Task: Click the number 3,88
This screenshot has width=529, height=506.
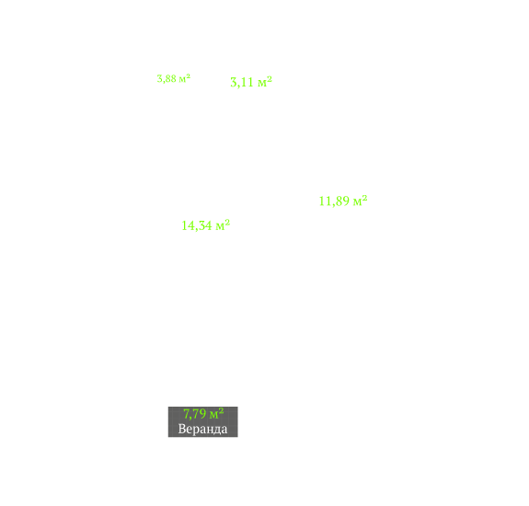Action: point(167,79)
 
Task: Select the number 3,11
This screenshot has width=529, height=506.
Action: point(242,82)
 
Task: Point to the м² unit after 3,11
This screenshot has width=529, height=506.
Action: point(265,82)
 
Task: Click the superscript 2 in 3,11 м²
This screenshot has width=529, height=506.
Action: point(270,79)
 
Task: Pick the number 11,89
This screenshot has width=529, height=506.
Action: point(334,201)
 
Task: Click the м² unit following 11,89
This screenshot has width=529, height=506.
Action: point(360,201)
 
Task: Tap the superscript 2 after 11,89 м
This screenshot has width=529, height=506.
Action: point(364,198)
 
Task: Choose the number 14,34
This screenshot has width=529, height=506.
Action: point(197,226)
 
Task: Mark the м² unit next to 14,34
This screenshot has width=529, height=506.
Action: point(223,225)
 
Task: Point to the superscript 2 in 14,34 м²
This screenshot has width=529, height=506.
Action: point(227,223)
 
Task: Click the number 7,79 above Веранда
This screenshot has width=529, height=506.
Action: point(194,414)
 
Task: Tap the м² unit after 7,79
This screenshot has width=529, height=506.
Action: point(216,413)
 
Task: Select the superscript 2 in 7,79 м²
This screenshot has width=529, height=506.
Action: point(221,410)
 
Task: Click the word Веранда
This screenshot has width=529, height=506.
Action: point(202,429)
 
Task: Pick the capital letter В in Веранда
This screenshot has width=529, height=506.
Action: point(182,429)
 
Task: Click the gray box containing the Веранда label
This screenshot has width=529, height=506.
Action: point(203,422)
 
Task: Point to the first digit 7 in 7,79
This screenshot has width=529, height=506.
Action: point(186,414)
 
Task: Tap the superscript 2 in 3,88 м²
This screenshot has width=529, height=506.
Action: point(189,76)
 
